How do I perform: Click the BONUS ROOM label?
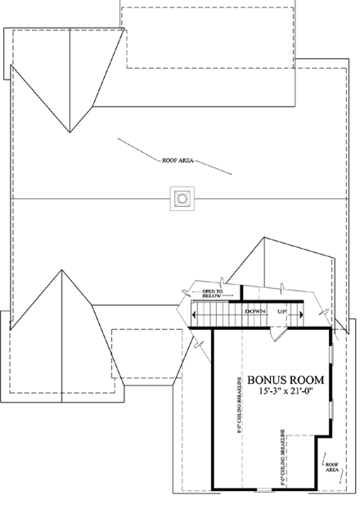tap(286, 380)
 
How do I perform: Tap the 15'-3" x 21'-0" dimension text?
tap(286, 393)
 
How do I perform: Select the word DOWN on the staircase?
tap(254, 312)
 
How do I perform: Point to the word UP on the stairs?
tap(281, 312)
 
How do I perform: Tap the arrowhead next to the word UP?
tap(290, 312)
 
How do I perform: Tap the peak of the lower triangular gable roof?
tap(61, 272)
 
